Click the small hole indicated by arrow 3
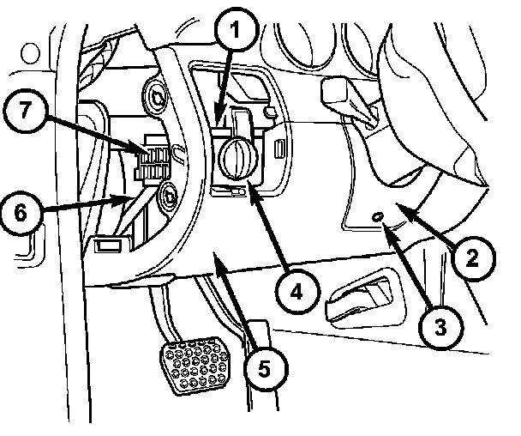(378, 218)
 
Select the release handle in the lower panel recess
(360, 298)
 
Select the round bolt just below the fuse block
(170, 197)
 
